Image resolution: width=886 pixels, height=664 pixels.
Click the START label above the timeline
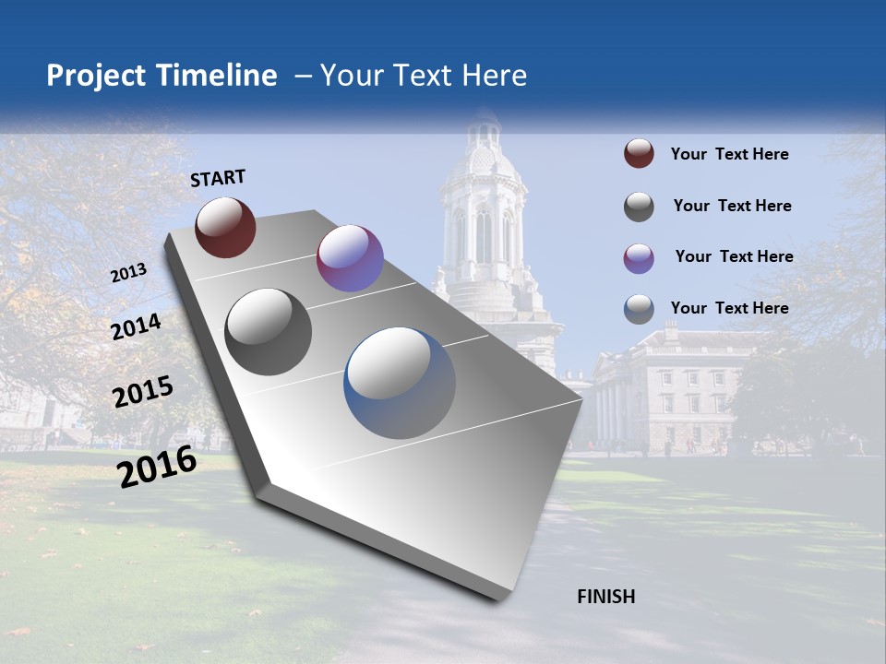218,178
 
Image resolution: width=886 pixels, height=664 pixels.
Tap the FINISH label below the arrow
605,597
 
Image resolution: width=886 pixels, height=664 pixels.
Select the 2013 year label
128,273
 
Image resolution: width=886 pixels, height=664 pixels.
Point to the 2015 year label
142,392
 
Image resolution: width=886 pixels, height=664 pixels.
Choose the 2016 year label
157,467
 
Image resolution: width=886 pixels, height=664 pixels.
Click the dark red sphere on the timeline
225,227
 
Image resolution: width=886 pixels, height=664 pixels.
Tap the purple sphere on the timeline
350,258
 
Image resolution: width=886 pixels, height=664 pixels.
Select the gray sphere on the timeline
269,332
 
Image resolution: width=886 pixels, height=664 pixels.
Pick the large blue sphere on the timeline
400,383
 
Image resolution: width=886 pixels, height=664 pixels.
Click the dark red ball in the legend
639,154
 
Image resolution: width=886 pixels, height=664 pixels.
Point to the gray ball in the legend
639,207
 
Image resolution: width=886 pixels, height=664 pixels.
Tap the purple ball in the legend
639,258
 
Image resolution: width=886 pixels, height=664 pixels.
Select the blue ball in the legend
639,309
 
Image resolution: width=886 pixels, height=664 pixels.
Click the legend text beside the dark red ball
729,155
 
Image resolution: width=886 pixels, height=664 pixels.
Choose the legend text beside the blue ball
729,308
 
